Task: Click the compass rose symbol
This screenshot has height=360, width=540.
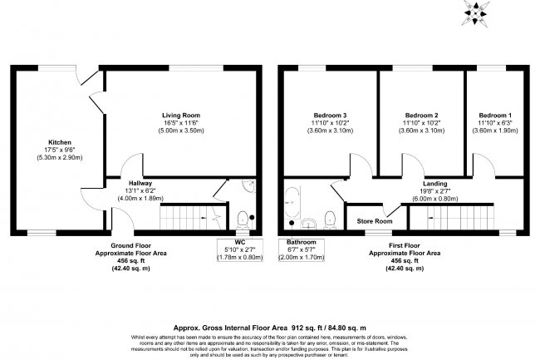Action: click(475, 12)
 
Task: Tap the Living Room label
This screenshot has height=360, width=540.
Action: click(181, 116)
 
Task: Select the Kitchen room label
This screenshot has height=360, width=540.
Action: click(60, 142)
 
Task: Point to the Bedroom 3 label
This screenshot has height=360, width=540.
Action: click(330, 116)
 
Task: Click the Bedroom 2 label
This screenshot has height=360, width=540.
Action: click(421, 116)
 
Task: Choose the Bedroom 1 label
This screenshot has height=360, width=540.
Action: click(495, 116)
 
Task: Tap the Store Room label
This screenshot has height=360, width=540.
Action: click(375, 221)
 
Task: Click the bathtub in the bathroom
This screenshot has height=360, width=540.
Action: click(292, 203)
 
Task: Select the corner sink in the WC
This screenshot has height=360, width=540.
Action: click(248, 185)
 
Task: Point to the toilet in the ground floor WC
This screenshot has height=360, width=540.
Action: click(243, 219)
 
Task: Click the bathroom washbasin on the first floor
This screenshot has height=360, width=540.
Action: click(309, 224)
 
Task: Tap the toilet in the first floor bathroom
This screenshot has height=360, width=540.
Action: click(330, 220)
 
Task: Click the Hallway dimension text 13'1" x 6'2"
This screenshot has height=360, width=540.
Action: click(140, 191)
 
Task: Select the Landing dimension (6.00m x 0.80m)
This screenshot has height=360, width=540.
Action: click(435, 199)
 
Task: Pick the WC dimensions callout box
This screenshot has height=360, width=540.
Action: click(240, 249)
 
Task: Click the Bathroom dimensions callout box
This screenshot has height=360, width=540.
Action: click(302, 249)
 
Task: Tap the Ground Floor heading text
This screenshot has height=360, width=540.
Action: click(131, 245)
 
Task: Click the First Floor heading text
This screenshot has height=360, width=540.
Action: click(405, 245)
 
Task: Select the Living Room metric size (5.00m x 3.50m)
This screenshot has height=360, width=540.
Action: click(181, 131)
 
